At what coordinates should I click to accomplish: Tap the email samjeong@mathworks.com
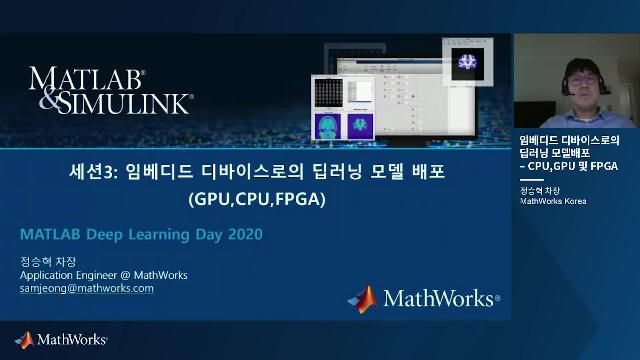87,288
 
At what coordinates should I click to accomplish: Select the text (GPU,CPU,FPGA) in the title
257,198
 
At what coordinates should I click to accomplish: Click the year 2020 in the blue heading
242,235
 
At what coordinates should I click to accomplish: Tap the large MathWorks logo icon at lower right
362,298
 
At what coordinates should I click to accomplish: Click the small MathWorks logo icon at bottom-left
23,340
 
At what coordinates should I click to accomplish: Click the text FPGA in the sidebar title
604,165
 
